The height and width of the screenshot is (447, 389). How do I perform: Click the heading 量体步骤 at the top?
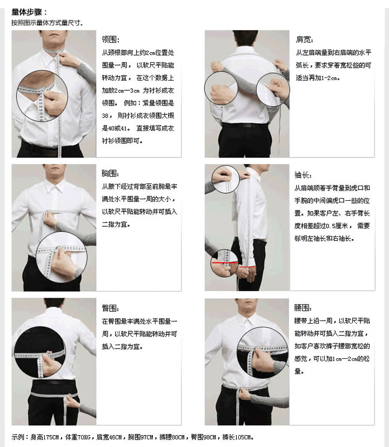(x=29, y=12)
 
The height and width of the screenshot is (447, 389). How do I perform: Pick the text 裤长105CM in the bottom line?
(x=237, y=437)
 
